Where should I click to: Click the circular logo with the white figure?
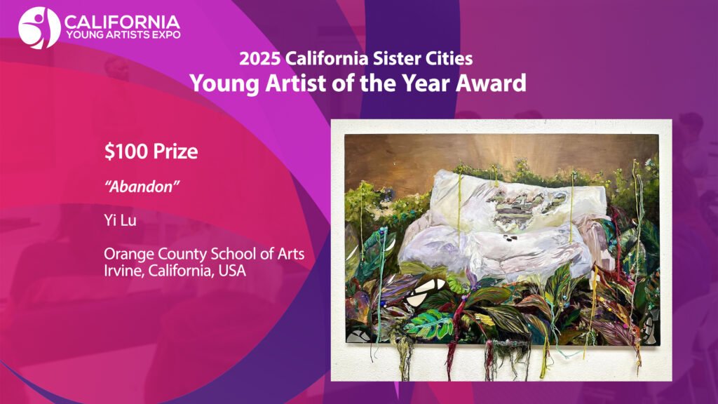coord(39,28)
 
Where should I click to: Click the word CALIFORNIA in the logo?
coord(122,22)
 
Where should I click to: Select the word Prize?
coord(175,151)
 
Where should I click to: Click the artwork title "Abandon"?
coord(142,187)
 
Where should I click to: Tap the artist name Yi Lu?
coord(120,220)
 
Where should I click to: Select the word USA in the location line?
coord(232,271)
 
